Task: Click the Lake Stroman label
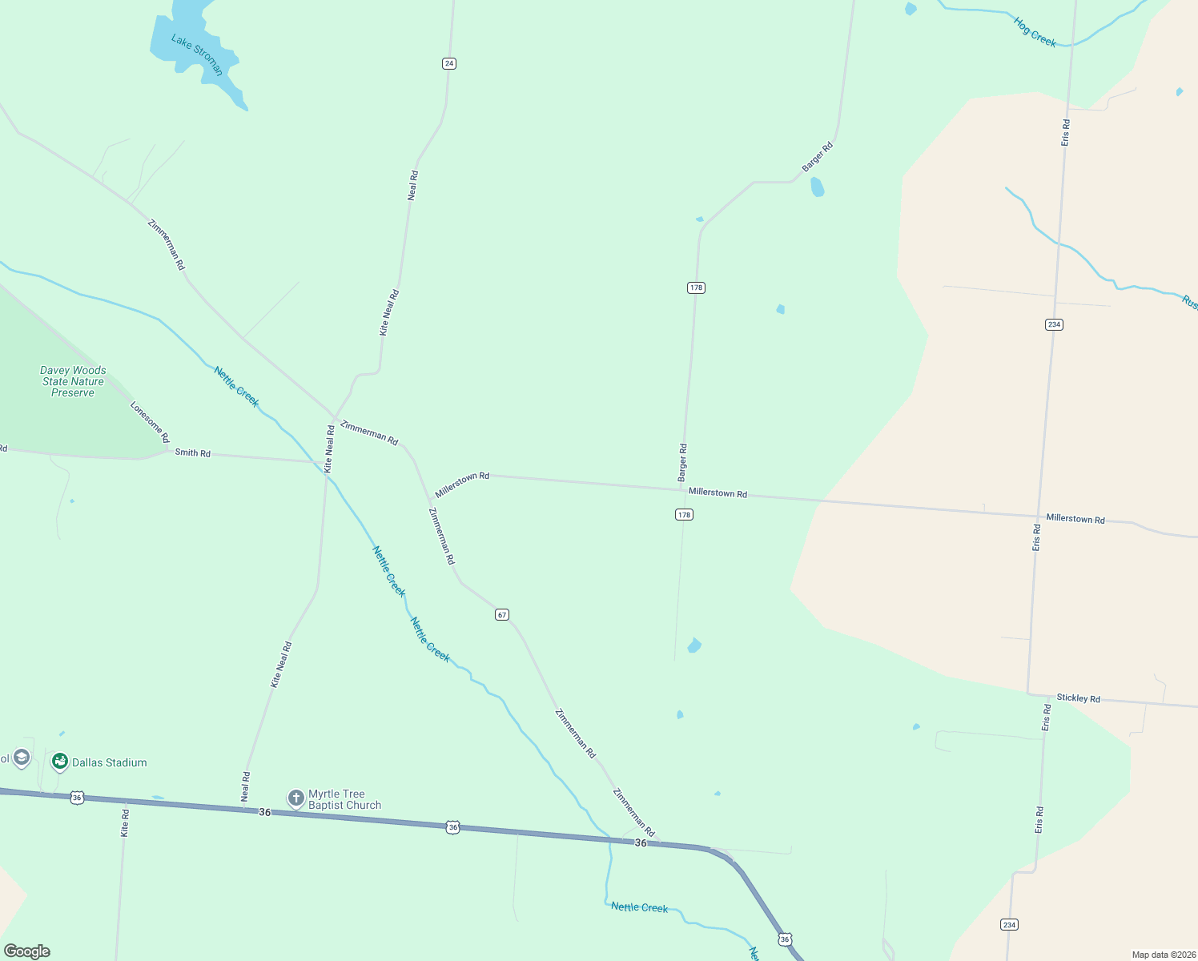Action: click(x=197, y=54)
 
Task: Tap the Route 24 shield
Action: click(x=449, y=63)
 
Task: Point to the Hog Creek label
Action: click(x=1035, y=31)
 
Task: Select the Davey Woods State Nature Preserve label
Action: click(x=73, y=381)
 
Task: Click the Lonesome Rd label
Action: click(x=150, y=422)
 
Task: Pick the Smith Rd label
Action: click(x=192, y=453)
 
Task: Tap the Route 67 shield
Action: click(x=502, y=614)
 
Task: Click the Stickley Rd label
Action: click(x=1078, y=698)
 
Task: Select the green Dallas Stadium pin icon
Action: click(x=59, y=761)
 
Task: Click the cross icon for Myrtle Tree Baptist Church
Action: click(x=295, y=798)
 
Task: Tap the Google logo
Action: click(x=27, y=951)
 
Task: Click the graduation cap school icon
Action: click(x=22, y=757)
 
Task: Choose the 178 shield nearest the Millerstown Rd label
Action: click(x=684, y=515)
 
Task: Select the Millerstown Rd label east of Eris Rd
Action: click(x=1075, y=519)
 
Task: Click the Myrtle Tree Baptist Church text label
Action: click(x=344, y=799)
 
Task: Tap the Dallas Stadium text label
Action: click(x=110, y=762)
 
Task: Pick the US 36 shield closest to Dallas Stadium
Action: click(x=77, y=798)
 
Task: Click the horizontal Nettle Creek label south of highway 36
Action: click(x=639, y=907)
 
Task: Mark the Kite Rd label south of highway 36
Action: click(x=125, y=823)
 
